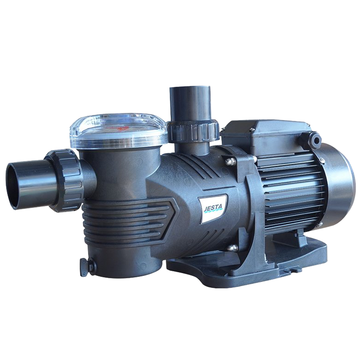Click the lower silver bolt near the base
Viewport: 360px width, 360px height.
pyautogui.click(x=233, y=247)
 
